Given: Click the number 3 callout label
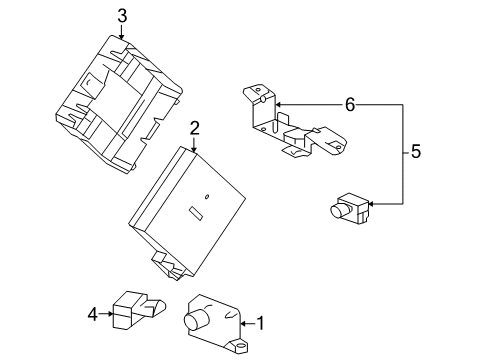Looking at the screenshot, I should [122, 15].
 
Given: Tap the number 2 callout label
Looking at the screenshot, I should [195, 128].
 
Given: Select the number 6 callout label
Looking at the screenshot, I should [350, 104].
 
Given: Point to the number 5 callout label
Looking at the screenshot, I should [417, 153].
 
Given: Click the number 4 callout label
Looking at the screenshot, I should [93, 315].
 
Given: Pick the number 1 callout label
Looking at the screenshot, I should [261, 322].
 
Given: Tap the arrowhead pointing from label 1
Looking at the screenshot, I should [243, 322].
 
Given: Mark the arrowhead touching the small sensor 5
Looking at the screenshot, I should [371, 204].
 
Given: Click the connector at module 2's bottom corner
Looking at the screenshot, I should [167, 262].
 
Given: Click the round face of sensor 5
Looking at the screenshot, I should [338, 210].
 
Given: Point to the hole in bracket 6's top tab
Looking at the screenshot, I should [257, 97].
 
